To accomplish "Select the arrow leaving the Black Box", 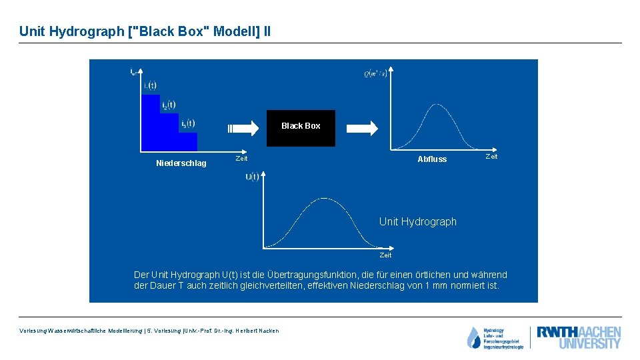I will pos(363,127).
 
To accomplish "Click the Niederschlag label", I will pos(181,163).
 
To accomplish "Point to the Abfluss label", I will pos(432,159).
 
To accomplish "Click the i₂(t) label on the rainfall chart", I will pos(169,105).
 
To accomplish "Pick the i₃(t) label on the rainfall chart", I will pos(188,123).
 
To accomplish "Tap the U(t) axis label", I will pos(252,177).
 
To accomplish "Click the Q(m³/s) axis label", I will pos(375,73).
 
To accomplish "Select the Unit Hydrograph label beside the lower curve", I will pos(418,222).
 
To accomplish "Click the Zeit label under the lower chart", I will pos(385,255).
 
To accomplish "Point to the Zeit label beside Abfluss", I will pos(491,157).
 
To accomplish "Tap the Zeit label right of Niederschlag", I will pos(241,159).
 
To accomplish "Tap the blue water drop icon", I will pos(473,337).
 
